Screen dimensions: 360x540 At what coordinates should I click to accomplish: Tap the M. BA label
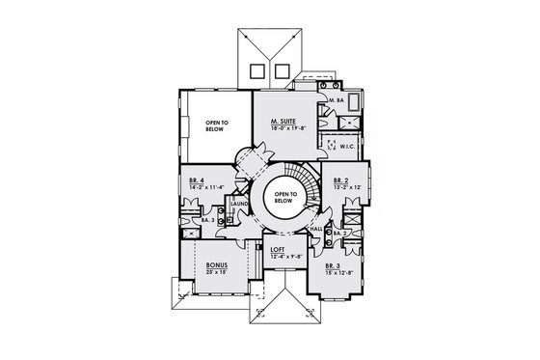[x=337, y=100]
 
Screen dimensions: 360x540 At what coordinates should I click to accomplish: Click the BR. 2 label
[x=340, y=180]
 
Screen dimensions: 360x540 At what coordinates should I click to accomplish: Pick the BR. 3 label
[x=333, y=264]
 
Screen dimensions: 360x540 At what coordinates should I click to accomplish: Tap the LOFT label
[x=278, y=249]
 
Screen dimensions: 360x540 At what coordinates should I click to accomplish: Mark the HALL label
[x=316, y=229]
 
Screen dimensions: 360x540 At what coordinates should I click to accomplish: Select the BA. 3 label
[x=207, y=221]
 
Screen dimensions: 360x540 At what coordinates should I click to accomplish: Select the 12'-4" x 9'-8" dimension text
[x=283, y=256]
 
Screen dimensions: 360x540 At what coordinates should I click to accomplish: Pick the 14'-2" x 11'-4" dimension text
[x=206, y=187]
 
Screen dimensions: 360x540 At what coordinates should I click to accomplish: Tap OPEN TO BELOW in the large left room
[x=218, y=126]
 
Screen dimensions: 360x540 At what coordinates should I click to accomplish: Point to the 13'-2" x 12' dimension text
[x=346, y=186]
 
